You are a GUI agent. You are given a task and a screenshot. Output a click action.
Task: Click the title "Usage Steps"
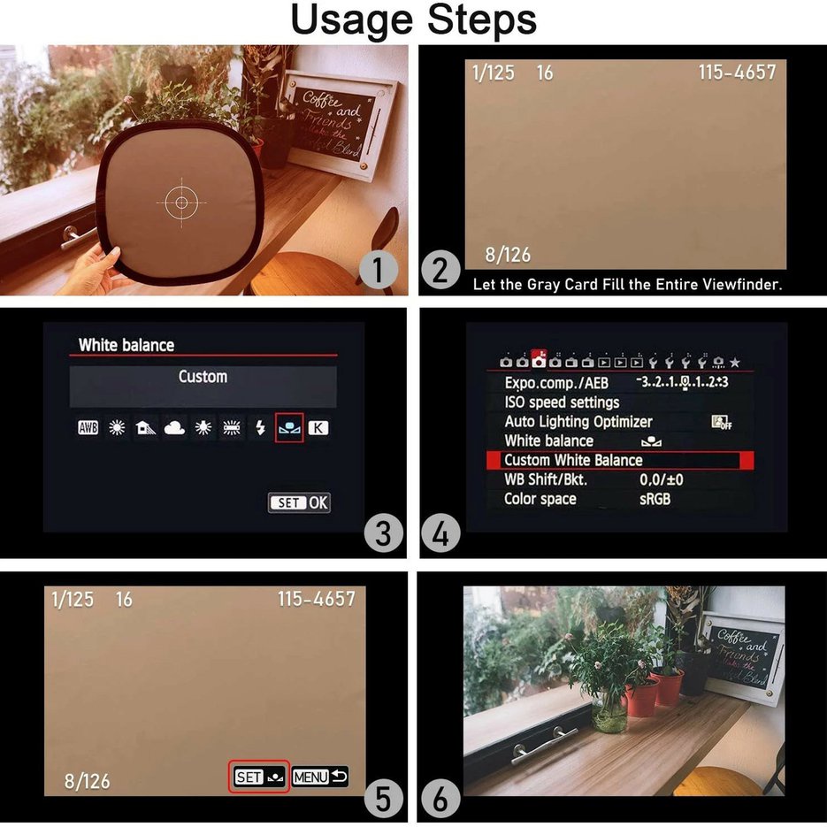[x=413, y=20]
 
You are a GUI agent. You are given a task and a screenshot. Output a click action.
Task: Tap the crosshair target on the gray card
[x=181, y=203]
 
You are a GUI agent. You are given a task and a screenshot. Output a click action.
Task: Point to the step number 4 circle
[x=440, y=533]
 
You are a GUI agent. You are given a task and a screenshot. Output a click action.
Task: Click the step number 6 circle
[x=440, y=799]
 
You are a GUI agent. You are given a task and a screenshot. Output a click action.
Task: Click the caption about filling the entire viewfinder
[x=627, y=284]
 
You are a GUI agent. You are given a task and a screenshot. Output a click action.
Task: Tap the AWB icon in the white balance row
[x=88, y=428]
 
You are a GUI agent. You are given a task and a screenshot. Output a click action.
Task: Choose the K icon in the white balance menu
[x=317, y=428]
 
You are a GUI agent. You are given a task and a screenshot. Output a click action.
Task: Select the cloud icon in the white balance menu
[x=174, y=428]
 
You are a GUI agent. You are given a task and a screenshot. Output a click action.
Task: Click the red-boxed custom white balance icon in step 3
[x=289, y=428]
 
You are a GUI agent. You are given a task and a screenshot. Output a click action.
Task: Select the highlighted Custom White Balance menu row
[x=619, y=460]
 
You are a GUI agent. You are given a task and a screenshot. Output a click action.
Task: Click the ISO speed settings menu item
[x=562, y=402]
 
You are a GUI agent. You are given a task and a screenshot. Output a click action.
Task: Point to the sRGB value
[x=655, y=499]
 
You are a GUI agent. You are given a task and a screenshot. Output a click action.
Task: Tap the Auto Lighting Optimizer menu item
[x=578, y=422]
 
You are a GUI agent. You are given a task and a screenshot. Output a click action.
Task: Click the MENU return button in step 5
[x=320, y=777]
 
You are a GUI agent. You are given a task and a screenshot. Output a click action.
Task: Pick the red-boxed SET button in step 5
[x=259, y=777]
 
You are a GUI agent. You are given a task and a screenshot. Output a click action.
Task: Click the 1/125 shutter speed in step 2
[x=494, y=73]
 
